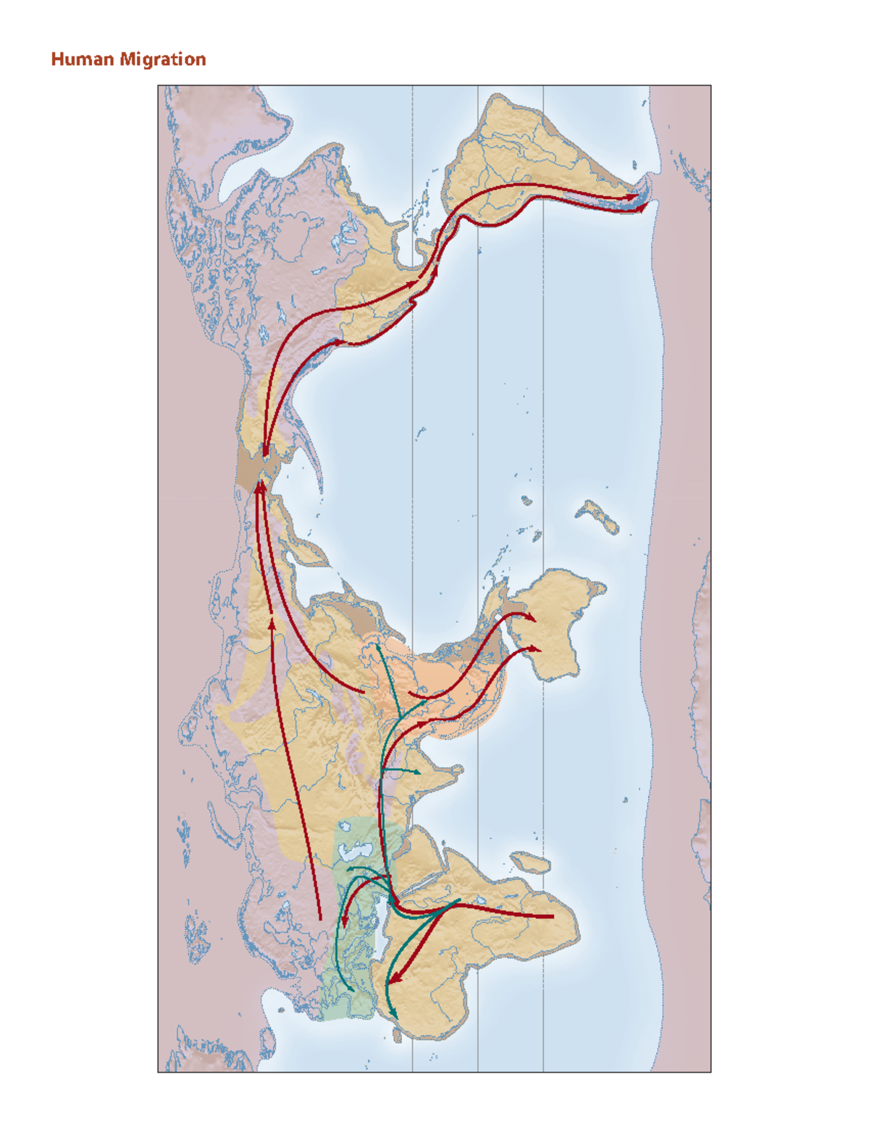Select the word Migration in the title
163,59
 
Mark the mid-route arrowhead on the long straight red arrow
272,622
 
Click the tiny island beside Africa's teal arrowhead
397,1036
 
